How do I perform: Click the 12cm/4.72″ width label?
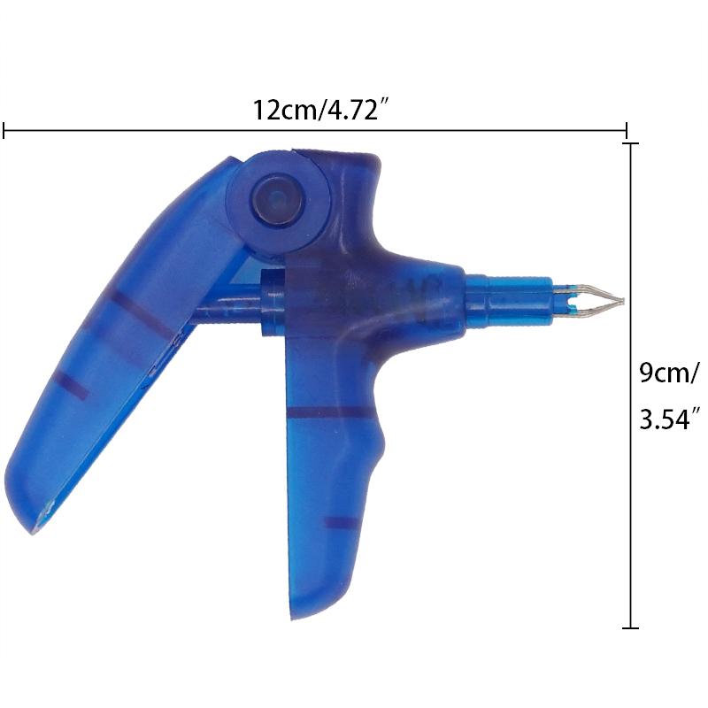pos(321,109)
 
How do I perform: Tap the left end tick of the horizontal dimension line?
pos(4,130)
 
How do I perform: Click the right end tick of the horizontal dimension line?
pos(627,130)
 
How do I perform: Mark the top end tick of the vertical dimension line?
pos(630,143)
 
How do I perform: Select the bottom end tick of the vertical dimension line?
pos(630,627)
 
